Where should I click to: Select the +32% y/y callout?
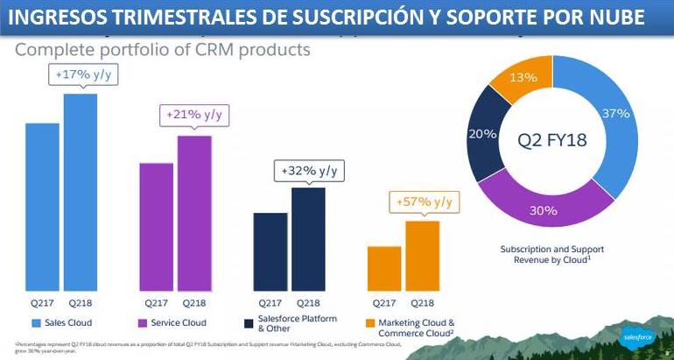pos(308,170)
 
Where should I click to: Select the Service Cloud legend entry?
pos(174,323)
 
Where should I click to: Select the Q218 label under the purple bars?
pos(194,304)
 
